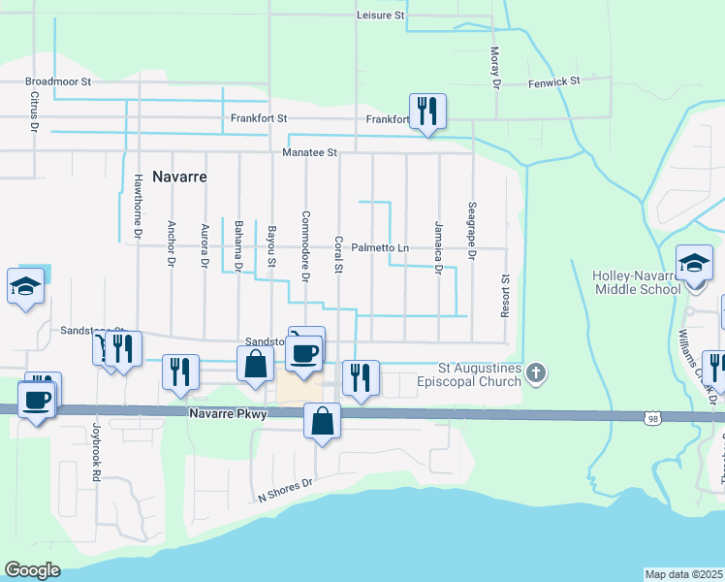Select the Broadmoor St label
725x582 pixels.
pos(57,83)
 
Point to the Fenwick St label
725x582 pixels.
pos(553,82)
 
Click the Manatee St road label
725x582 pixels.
pos(308,152)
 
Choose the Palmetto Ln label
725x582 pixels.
pos(380,248)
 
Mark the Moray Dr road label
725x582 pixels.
pos(494,68)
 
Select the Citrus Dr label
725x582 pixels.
pos(34,113)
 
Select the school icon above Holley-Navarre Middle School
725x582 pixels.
pos(694,262)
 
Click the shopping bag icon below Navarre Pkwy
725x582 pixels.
pos(322,421)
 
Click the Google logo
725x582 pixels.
pos(33,570)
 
